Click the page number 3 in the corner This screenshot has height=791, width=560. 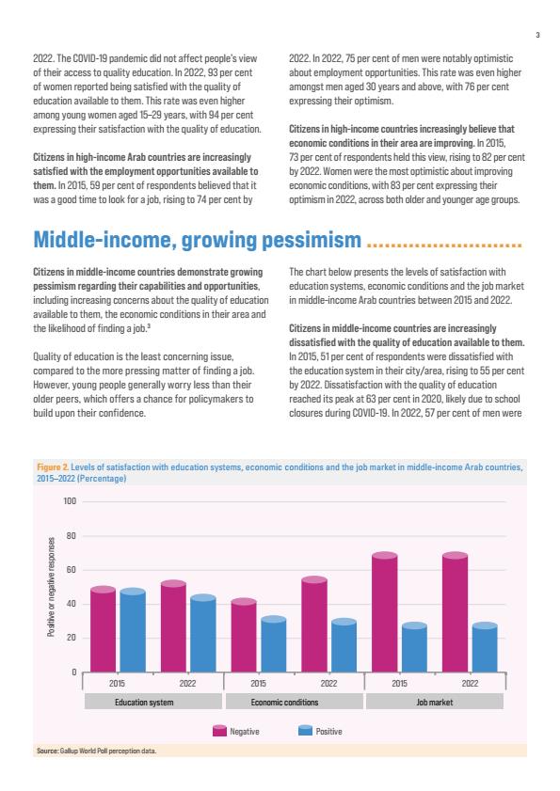pyautogui.click(x=537, y=35)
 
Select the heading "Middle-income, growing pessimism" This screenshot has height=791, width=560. pyautogui.click(x=198, y=240)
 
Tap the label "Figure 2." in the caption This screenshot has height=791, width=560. pyautogui.click(x=53, y=467)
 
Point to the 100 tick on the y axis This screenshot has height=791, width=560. pyautogui.click(x=70, y=501)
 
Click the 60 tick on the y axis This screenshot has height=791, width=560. pyautogui.click(x=72, y=570)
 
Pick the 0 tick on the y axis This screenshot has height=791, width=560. pyautogui.click(x=73, y=672)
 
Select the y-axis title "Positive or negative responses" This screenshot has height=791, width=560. pyautogui.click(x=51, y=587)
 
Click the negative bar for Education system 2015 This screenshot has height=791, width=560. pyautogui.click(x=103, y=629)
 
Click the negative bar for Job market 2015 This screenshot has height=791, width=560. pyautogui.click(x=385, y=612)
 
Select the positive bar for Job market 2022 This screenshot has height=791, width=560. pyautogui.click(x=485, y=647)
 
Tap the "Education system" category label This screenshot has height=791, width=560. pyautogui.click(x=144, y=703)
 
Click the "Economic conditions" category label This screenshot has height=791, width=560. pyautogui.click(x=285, y=703)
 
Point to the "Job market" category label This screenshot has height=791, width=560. pyautogui.click(x=434, y=703)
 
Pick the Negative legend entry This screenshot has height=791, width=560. pyautogui.click(x=236, y=731)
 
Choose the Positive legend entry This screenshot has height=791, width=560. pyautogui.click(x=320, y=731)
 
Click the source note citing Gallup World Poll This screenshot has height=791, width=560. pyautogui.click(x=96, y=751)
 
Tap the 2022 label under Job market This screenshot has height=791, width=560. pyautogui.click(x=470, y=683)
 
